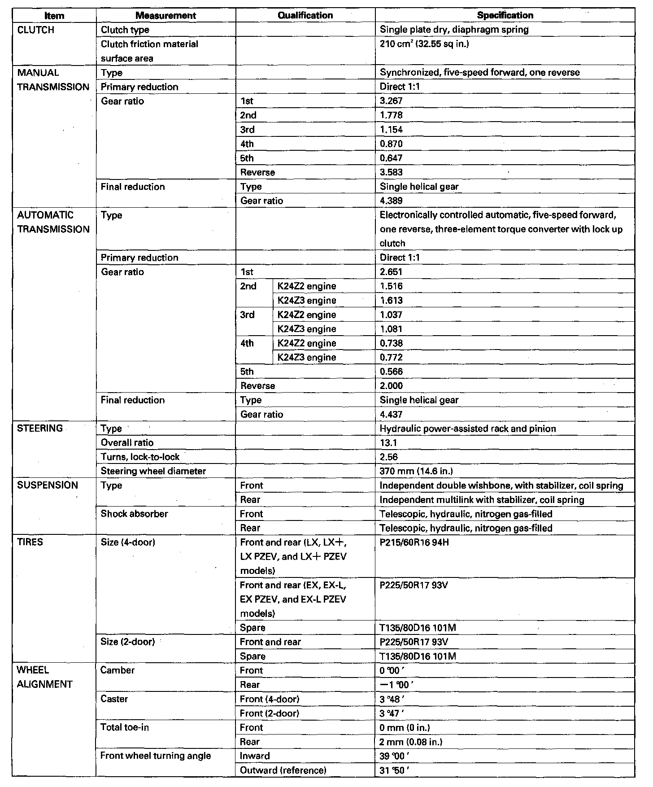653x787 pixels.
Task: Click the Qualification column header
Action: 305,15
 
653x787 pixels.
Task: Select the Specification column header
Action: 505,15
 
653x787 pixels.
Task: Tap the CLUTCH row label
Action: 35,30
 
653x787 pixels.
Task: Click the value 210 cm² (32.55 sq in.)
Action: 424,44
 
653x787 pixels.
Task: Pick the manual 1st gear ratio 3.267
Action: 391,101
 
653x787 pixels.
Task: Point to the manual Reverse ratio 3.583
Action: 391,172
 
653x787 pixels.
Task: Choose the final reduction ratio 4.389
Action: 391,201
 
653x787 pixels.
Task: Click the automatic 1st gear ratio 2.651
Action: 391,272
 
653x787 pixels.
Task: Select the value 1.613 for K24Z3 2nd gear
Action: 391,301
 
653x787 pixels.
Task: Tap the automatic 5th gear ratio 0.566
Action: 391,372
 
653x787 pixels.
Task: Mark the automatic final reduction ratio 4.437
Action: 391,414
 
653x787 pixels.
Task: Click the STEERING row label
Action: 40,428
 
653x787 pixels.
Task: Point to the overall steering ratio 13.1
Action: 388,443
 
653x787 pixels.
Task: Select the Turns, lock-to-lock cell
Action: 140,457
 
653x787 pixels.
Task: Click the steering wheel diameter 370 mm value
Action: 416,471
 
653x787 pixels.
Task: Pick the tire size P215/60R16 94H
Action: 414,542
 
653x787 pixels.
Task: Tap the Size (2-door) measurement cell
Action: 128,642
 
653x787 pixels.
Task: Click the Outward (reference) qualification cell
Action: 283,770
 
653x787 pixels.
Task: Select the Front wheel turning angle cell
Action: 155,756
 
